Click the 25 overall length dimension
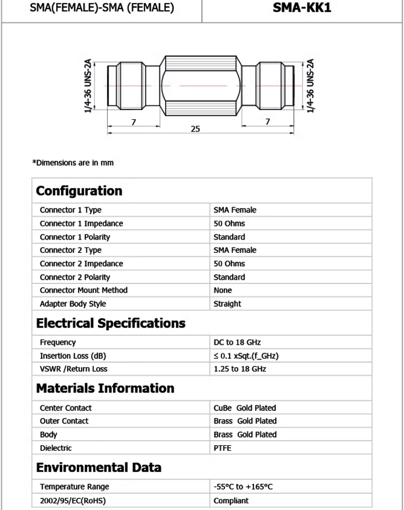[195, 129]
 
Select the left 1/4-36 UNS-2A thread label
[89, 86]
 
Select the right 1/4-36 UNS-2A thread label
[311, 86]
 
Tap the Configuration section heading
[79, 191]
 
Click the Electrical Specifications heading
[111, 323]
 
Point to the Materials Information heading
[105, 388]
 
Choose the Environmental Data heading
[98, 467]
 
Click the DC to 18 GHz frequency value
[237, 342]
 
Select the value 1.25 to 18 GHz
[239, 369]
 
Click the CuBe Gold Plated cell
[245, 407]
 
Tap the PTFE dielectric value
[222, 448]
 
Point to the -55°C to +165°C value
[243, 487]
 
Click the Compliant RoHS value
[231, 500]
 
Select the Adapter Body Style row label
[73, 303]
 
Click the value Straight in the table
[227, 303]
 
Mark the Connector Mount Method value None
[223, 290]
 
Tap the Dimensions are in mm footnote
[73, 163]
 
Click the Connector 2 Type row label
[70, 250]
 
